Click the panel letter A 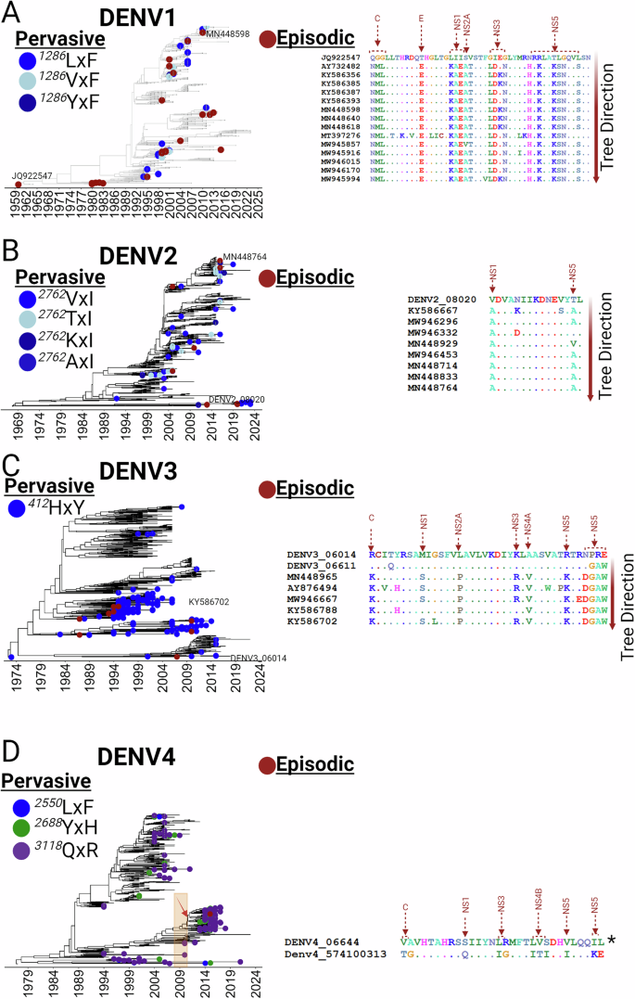(13, 12)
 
